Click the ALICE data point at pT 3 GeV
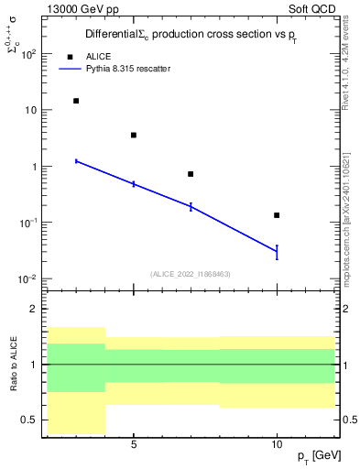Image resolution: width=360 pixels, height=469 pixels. point(76,101)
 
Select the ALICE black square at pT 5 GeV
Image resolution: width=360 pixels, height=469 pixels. point(134,135)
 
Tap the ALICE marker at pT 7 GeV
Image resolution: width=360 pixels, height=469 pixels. point(191,174)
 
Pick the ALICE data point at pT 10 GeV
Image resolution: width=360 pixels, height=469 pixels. point(277,215)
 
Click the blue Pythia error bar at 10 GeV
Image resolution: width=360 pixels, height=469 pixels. point(277,252)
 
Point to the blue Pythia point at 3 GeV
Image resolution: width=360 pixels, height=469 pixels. point(76,161)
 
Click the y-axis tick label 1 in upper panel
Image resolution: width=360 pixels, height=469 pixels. point(31,167)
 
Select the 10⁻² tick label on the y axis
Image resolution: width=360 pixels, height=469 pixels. point(27,279)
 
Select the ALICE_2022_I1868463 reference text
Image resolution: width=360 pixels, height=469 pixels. point(191,273)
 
